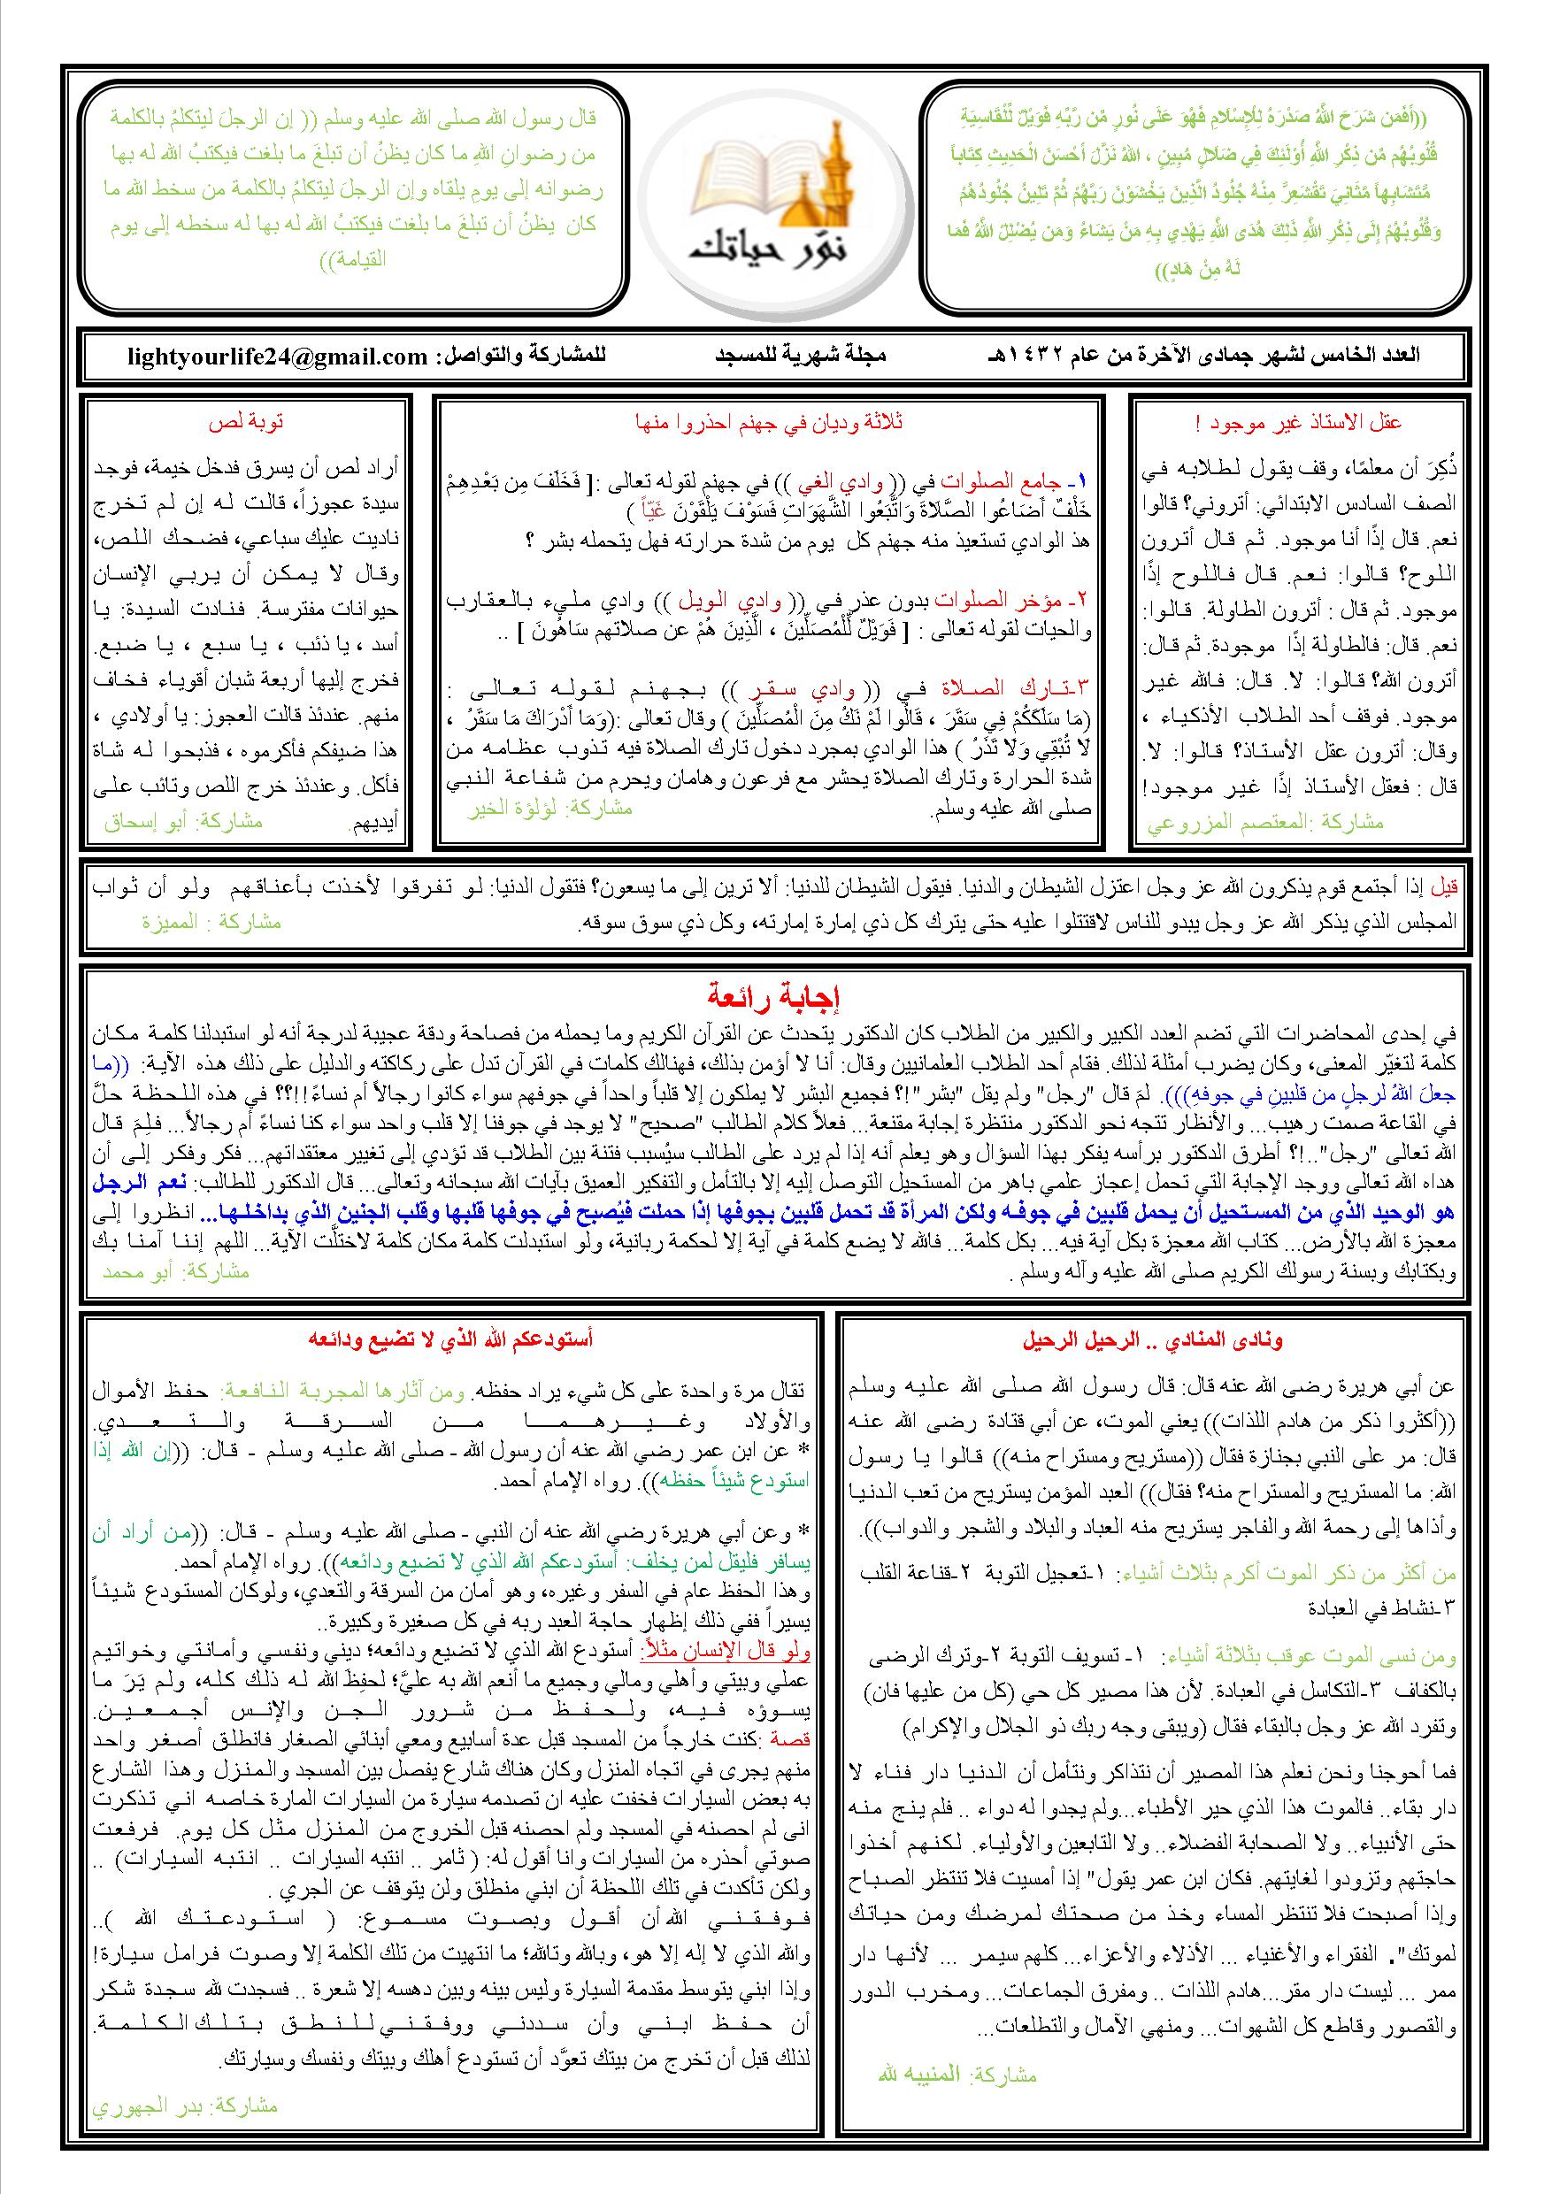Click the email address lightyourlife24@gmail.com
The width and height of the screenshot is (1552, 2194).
click(x=278, y=357)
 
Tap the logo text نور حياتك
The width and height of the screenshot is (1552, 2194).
click(x=774, y=249)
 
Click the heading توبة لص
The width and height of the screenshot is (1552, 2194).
click(x=247, y=421)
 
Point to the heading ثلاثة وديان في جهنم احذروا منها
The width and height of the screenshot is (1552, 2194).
click(x=769, y=421)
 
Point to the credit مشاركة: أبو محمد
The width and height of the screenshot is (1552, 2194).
click(x=176, y=1271)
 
